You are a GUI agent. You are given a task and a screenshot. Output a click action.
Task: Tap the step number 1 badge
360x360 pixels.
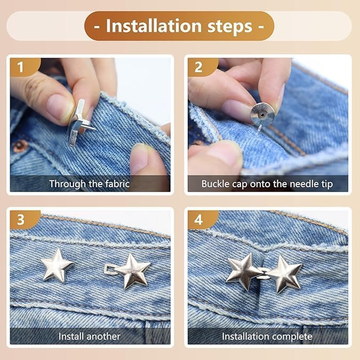pos(20,67)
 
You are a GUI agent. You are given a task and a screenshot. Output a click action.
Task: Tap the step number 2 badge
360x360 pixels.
pos(198,67)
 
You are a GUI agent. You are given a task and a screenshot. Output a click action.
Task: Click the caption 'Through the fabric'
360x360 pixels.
pos(90,184)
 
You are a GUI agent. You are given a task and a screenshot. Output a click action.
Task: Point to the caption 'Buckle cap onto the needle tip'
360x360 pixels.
pos(267,184)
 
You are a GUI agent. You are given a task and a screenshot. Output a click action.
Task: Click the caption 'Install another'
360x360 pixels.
pos(90,336)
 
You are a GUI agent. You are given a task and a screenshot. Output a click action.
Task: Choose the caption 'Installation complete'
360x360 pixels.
pos(267,336)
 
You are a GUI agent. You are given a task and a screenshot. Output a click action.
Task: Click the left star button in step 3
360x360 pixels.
pos(57,265)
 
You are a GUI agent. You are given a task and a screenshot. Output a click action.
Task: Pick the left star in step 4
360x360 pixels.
pos(243,271)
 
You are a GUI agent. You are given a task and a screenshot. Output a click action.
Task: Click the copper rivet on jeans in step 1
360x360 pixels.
pos(20,146)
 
